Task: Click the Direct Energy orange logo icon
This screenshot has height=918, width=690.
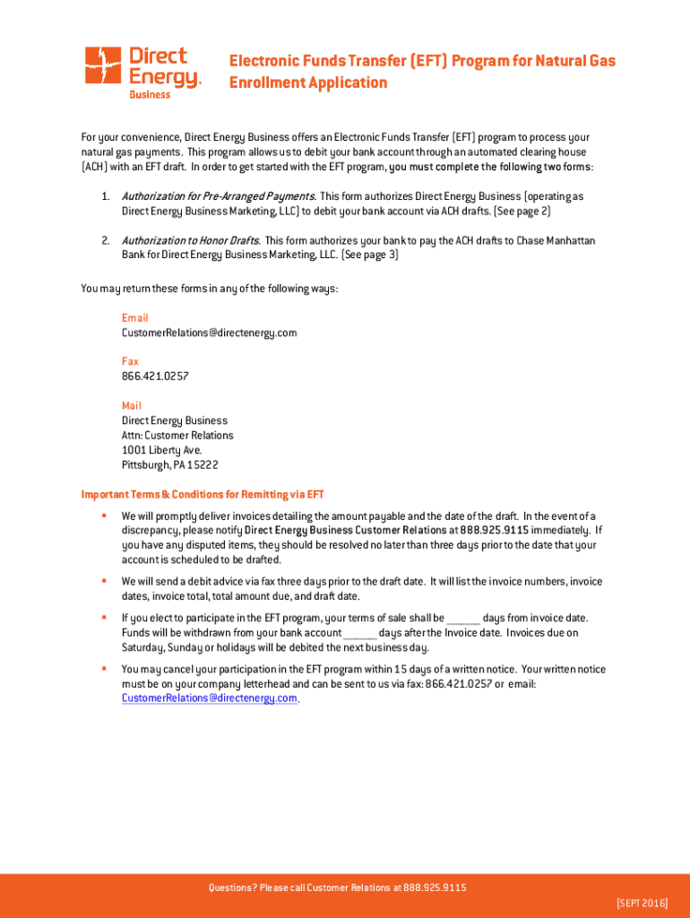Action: pos(102,65)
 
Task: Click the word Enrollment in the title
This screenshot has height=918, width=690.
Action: pos(268,83)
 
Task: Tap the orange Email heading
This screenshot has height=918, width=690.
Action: pos(135,318)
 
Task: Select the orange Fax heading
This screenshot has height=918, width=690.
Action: pos(131,362)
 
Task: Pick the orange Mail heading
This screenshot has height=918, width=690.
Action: pos(132,406)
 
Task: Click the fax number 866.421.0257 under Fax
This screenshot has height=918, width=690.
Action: pos(155,377)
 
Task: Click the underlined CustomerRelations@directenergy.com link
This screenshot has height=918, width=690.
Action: pos(210,698)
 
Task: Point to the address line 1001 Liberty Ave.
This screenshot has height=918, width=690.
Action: pos(162,450)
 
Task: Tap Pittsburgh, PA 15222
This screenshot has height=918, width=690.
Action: pos(170,465)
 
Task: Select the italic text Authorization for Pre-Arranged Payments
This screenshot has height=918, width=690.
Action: pos(218,196)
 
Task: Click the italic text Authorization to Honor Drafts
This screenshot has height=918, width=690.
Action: pos(191,240)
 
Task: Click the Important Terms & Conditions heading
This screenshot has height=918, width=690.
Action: pos(203,494)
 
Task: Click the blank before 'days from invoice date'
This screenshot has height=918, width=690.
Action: pos(463,619)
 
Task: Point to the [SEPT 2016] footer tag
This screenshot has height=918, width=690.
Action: pos(642,902)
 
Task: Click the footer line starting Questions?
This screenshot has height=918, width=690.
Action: pos(337,888)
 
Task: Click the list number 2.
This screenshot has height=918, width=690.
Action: pos(105,240)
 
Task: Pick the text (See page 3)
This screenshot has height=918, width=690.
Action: pos(370,255)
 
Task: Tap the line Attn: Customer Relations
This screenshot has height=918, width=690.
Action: pos(177,436)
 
